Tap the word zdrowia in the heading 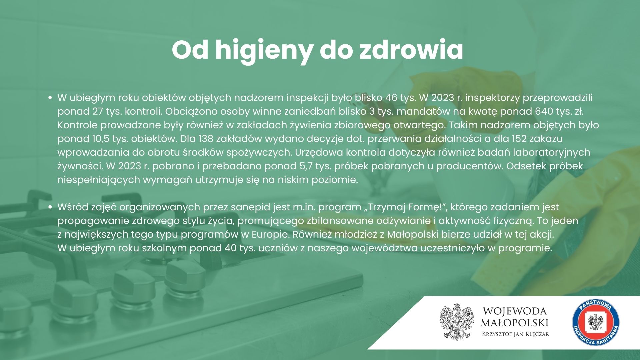tap(411, 50)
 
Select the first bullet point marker tap(50, 98)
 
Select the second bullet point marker tap(50, 207)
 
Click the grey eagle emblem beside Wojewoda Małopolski tap(456, 322)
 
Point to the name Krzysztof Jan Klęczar tap(516, 334)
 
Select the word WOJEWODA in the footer tap(515, 311)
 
